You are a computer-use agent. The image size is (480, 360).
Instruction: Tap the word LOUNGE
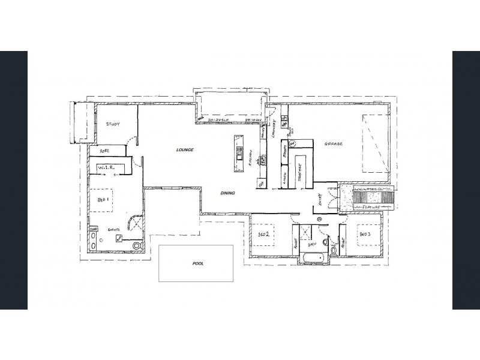point(185,149)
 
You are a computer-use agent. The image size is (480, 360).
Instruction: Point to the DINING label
point(227,193)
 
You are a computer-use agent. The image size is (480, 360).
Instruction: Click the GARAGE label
point(334,145)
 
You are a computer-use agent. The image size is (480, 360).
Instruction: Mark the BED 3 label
point(366,233)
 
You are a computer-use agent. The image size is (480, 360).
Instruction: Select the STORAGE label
point(298,174)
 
